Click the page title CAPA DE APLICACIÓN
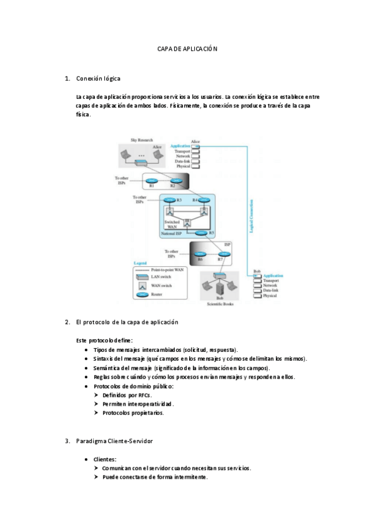tap(187, 49)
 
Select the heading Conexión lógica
tap(98, 79)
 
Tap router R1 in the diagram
tap(152, 181)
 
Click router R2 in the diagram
tap(175, 181)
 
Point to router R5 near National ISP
tap(201, 232)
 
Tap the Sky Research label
tap(141, 140)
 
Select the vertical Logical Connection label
tap(250, 213)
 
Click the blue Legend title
tap(140, 264)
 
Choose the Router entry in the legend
tap(160, 293)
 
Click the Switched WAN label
tap(172, 224)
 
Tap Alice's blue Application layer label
tap(180, 146)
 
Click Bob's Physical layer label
tap(270, 296)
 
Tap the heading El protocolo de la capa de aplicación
tap(127, 322)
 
